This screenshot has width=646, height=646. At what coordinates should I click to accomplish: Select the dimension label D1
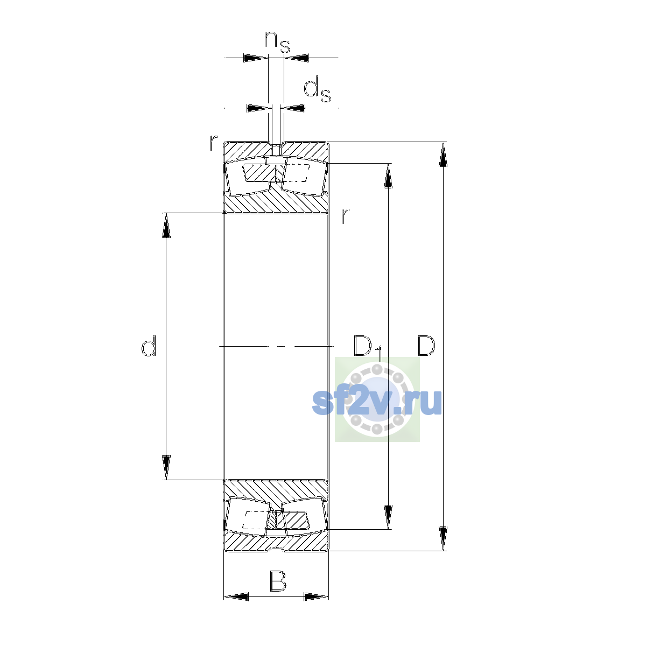[368, 348]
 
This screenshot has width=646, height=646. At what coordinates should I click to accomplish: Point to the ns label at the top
[277, 41]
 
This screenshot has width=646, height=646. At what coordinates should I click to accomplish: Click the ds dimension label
[317, 89]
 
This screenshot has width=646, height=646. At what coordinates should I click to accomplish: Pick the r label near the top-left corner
[213, 143]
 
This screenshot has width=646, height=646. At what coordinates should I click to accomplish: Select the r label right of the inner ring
[345, 216]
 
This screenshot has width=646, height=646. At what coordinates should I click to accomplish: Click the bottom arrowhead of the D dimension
[443, 539]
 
